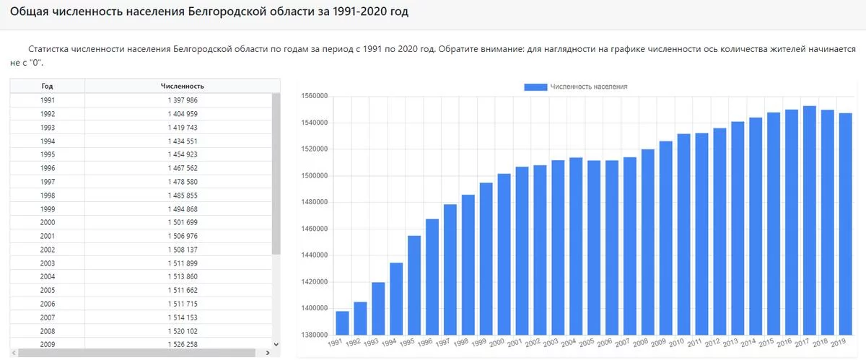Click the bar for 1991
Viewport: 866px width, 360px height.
click(342, 322)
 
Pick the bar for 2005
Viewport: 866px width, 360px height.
click(594, 247)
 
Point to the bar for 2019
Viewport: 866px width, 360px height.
click(845, 224)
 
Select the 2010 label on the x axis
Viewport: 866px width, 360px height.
click(676, 343)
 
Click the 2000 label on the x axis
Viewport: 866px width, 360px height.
click(497, 343)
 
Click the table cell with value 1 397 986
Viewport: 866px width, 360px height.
click(182, 100)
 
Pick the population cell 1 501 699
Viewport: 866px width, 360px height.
click(182, 222)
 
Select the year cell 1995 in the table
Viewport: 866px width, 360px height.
click(48, 154)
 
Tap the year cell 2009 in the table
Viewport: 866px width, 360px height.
click(48, 344)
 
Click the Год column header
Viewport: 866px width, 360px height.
click(48, 87)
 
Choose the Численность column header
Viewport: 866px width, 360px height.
click(182, 87)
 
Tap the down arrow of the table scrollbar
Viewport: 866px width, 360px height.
click(276, 344)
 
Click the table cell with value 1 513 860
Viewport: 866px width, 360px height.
click(182, 276)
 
